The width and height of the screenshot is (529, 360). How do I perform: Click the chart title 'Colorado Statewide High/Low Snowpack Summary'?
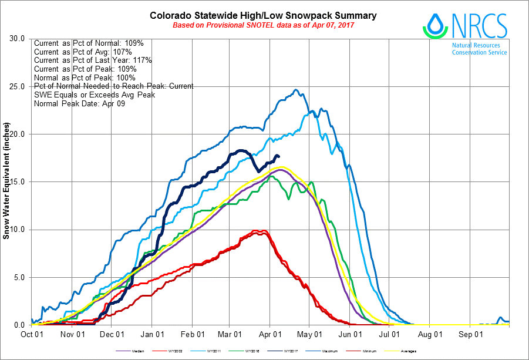pos(263,16)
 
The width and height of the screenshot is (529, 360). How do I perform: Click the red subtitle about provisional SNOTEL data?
pos(264,25)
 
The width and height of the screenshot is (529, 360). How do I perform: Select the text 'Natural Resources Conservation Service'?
pos(479,49)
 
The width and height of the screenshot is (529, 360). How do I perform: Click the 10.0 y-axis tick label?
pos(18,230)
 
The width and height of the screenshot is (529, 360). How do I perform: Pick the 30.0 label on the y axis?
pos(18,39)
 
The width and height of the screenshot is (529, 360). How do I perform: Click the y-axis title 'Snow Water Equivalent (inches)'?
pos(6,181)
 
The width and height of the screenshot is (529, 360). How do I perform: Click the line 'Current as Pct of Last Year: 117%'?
pos(93,60)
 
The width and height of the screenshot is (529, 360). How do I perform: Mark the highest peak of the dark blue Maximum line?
pos(296,90)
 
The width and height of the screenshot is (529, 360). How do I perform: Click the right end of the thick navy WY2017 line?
pos(278,156)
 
